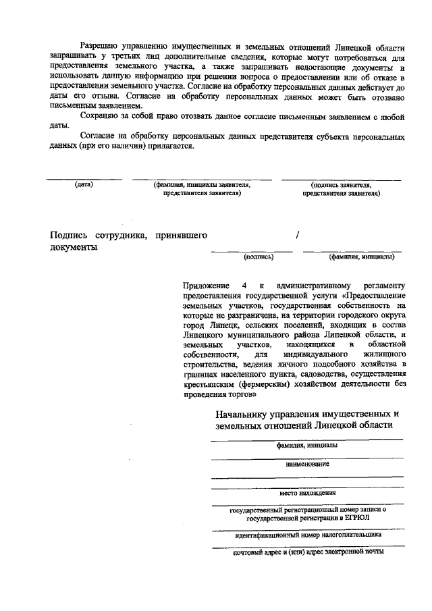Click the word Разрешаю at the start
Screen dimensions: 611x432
(98, 48)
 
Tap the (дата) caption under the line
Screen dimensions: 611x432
(84, 184)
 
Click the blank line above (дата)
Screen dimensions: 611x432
(84, 179)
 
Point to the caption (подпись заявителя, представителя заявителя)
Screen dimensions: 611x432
(341, 188)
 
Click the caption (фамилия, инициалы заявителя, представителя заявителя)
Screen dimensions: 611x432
(202, 188)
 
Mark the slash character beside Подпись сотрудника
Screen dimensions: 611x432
(297, 235)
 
